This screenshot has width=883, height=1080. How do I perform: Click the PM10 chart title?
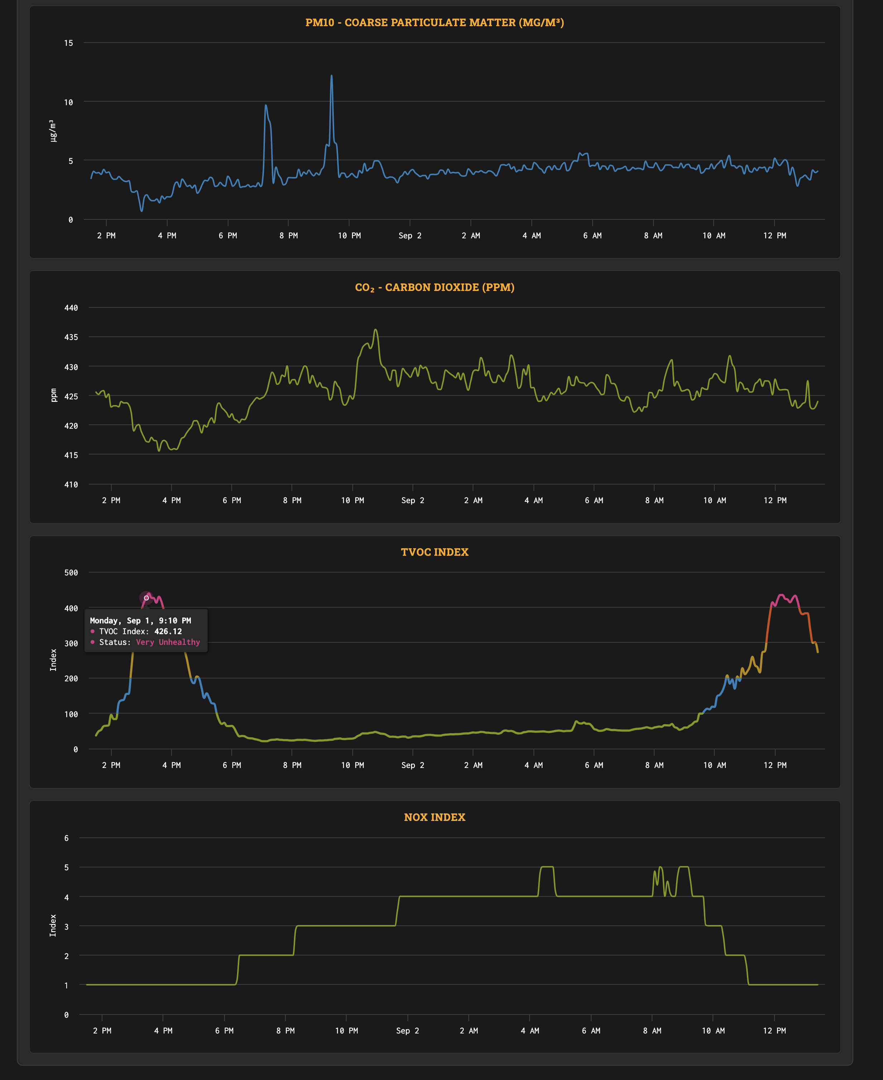(434, 22)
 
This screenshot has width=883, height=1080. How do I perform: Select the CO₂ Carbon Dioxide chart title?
(434, 287)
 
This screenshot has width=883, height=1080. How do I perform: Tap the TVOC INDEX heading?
(434, 552)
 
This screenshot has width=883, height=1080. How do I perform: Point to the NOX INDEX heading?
(434, 817)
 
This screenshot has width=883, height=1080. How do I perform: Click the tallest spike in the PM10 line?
(332, 76)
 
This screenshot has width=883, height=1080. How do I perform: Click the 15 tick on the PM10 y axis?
(69, 43)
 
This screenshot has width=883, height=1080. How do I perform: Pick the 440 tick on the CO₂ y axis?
(71, 308)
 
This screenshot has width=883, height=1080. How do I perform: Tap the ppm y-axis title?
(53, 395)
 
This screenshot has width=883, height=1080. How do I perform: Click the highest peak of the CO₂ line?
(376, 330)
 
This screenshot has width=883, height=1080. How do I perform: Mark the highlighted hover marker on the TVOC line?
(146, 598)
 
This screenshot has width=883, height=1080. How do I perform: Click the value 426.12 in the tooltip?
(168, 631)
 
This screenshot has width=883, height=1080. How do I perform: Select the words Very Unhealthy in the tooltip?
(168, 642)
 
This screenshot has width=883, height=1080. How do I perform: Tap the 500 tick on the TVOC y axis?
(71, 573)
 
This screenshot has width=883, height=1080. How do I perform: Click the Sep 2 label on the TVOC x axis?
(412, 765)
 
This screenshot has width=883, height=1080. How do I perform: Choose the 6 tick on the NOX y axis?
(67, 838)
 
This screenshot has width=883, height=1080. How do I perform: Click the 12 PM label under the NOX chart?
(774, 1030)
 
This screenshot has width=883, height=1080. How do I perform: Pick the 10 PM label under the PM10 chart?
(349, 235)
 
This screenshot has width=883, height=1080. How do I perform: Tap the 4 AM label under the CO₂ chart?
(534, 500)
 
